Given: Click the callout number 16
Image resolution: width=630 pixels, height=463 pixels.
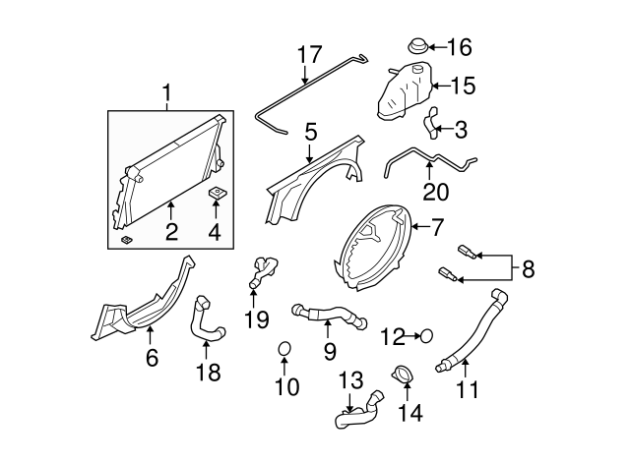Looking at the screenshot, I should (460, 46).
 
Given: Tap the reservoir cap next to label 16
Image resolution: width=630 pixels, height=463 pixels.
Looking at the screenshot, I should (417, 46).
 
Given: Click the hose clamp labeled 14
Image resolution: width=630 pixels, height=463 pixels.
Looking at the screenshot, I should (402, 376).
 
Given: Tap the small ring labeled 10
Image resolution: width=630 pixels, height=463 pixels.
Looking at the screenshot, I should (284, 349).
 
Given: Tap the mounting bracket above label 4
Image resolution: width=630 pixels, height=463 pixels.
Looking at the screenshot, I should (216, 193).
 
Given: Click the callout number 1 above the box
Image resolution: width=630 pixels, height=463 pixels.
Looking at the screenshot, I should (167, 94).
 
